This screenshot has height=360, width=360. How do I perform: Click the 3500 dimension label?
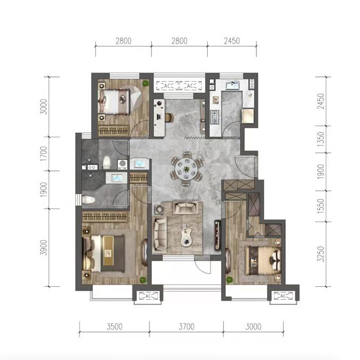tap(114, 326)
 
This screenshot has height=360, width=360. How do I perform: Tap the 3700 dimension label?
tap(186, 326)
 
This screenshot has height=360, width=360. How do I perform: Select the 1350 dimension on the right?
tap(320, 139)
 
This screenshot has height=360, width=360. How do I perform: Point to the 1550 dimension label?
tap(320, 206)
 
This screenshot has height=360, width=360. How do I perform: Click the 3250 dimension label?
tap(320, 254)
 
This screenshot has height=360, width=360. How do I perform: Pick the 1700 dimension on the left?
tap(43, 154)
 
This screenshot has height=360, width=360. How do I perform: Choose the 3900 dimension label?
tap(43, 247)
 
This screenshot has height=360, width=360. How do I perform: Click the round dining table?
tap(186, 169)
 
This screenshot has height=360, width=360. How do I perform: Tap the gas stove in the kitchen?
tap(215, 117)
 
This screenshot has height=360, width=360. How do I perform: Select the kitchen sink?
tap(232, 85)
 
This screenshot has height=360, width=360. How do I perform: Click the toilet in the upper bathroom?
tap(106, 162)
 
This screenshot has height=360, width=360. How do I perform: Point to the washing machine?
tap(122, 164)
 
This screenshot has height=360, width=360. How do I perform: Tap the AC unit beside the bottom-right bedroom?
tap(283, 296)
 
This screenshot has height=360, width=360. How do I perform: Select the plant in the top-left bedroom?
tap(146, 83)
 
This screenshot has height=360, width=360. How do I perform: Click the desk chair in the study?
tap(169, 118)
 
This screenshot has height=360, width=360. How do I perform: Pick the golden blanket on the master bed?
tap(108, 251)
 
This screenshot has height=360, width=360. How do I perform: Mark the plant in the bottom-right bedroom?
tap(229, 280)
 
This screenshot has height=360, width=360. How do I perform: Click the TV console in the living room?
tap(217, 235)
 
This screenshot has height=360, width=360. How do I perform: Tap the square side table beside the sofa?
tap(159, 209)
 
